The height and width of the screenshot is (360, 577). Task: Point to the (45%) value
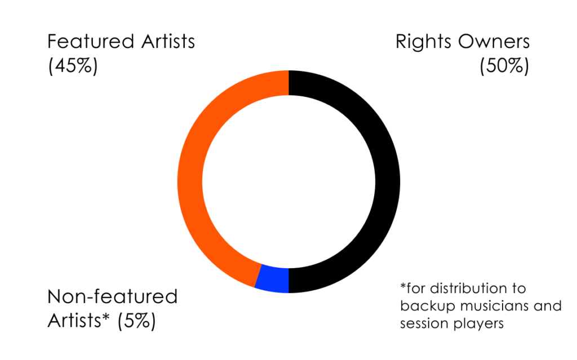click(73, 66)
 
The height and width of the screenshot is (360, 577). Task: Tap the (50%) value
click(504, 66)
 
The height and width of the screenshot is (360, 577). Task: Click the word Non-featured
click(112, 296)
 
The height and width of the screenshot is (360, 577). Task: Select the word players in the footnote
click(478, 325)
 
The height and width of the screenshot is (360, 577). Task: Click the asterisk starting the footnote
click(403, 287)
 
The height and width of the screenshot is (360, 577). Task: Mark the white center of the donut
click(288, 181)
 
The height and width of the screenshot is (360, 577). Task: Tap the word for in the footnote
click(416, 288)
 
